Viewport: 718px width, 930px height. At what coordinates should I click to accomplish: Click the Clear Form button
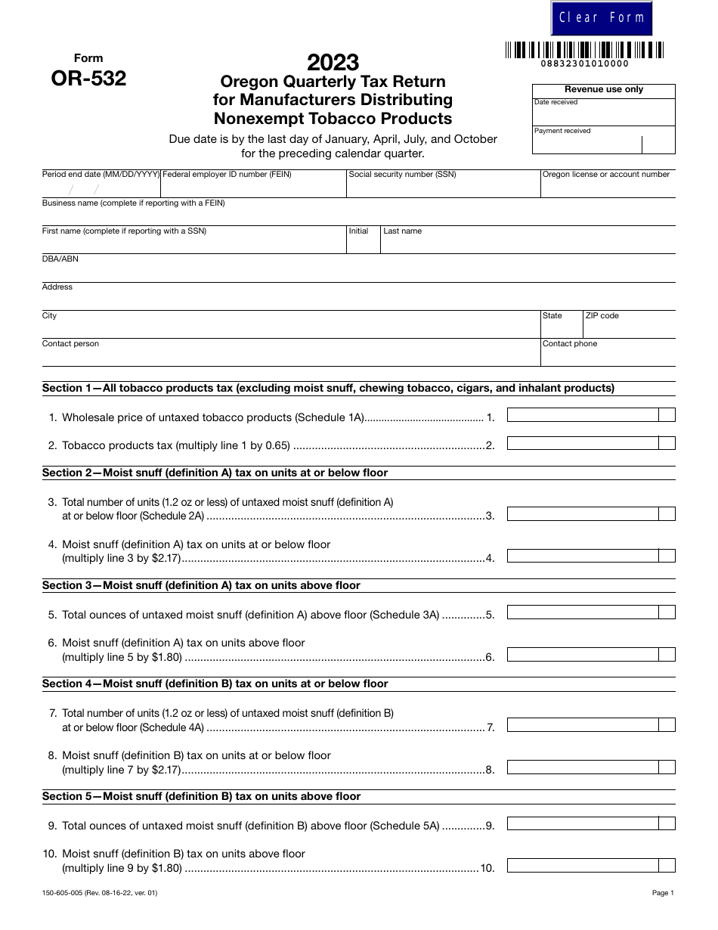602,18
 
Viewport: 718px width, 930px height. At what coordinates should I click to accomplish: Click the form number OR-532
88,79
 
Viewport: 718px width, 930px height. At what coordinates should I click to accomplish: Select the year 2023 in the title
333,62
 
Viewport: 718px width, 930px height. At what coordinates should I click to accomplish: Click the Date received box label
556,102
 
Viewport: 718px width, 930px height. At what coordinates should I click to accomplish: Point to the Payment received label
562,131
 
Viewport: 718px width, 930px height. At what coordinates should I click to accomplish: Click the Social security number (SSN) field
443,188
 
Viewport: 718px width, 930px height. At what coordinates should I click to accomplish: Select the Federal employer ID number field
253,188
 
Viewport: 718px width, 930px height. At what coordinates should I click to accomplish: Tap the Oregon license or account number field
608,188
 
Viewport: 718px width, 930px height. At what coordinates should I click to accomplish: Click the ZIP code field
629,328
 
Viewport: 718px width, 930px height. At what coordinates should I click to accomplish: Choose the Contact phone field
608,356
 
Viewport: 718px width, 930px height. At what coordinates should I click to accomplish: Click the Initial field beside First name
363,243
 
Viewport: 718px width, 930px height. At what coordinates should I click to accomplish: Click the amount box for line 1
583,415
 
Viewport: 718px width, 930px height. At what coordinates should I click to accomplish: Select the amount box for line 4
583,556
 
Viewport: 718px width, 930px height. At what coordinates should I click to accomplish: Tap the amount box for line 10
583,866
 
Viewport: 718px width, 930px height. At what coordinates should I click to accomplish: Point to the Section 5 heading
201,796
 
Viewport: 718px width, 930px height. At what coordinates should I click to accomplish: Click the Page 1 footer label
662,893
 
